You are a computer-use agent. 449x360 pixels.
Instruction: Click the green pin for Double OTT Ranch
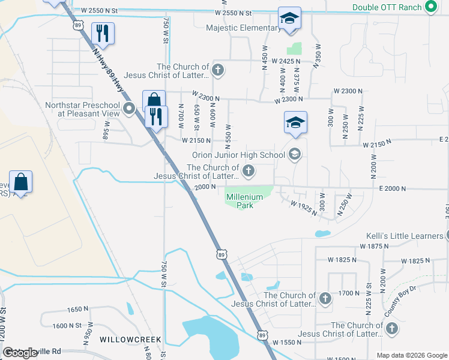click(x=430, y=7)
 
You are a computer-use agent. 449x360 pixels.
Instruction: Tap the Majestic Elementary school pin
click(x=289, y=19)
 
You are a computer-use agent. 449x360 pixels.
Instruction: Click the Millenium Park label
click(x=244, y=201)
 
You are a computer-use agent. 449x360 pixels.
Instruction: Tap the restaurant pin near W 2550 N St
click(x=101, y=34)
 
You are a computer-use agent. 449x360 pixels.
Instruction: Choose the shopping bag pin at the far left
click(x=20, y=182)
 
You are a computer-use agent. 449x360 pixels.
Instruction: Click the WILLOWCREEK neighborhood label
click(x=130, y=340)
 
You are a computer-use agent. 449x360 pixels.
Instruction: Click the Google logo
click(x=21, y=353)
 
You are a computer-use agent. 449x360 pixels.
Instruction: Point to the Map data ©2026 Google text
click(x=411, y=355)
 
